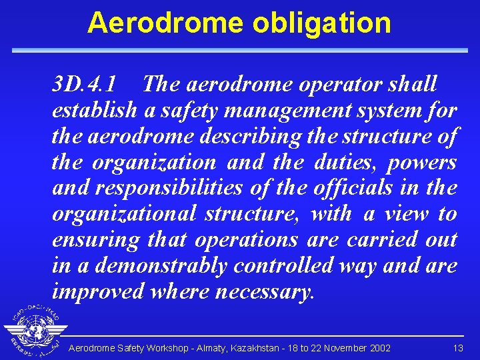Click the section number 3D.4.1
(x=85, y=85)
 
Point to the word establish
(x=94, y=111)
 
